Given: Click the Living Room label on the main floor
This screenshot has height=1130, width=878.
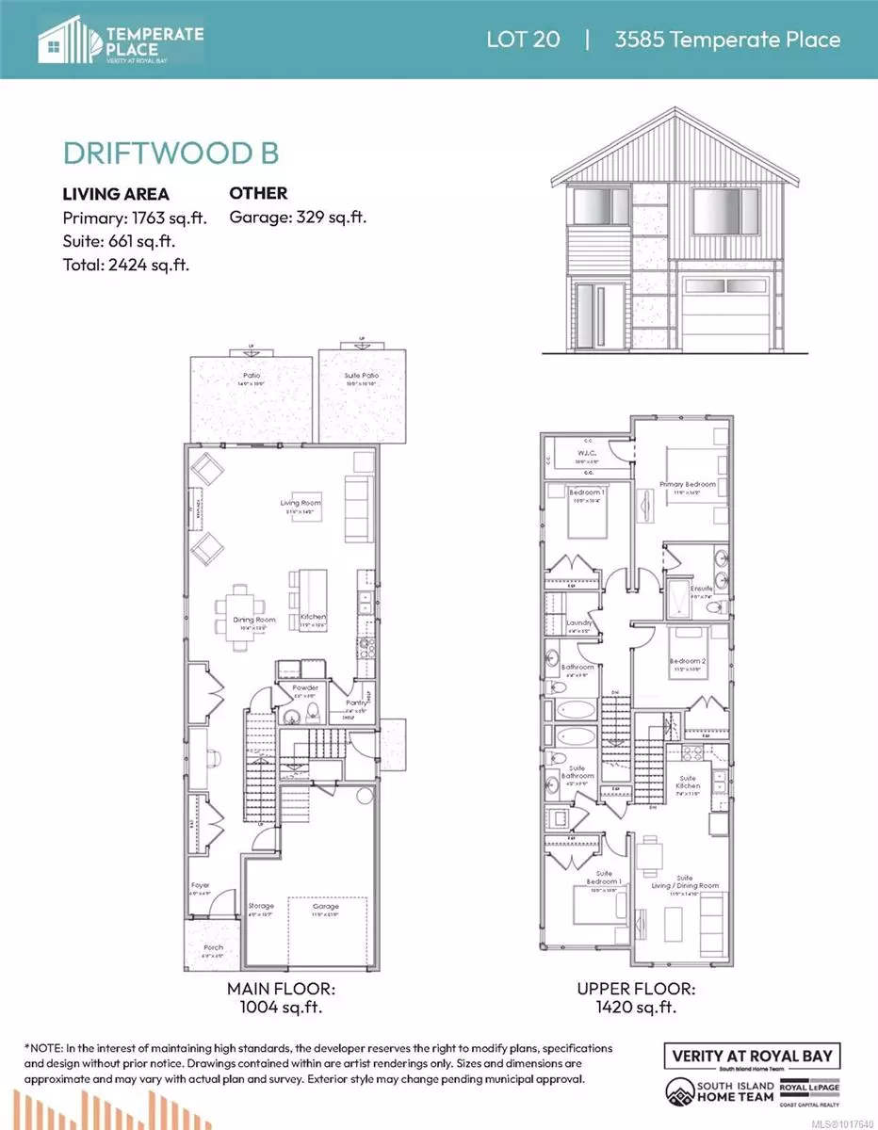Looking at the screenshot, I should tap(301, 503).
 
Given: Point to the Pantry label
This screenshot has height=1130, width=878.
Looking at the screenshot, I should tap(354, 702).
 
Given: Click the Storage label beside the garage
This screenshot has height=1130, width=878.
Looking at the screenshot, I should tap(261, 906).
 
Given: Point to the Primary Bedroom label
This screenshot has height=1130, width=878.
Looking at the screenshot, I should tap(687, 485).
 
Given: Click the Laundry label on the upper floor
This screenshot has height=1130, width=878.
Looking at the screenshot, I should tap(577, 623).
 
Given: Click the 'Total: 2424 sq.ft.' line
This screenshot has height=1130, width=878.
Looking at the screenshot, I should tap(126, 265).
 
